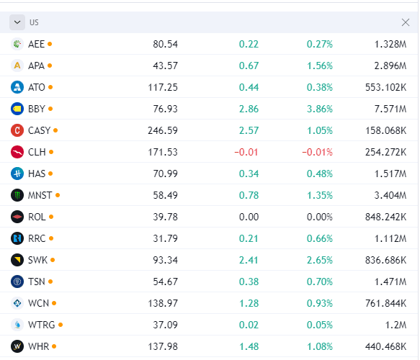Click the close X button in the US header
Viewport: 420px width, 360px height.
click(x=406, y=22)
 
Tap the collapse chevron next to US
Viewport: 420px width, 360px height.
click(x=17, y=22)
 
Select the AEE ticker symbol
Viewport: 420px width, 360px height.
click(x=37, y=44)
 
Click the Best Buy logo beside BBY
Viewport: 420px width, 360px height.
click(x=17, y=109)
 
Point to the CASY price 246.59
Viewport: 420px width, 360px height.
click(x=163, y=130)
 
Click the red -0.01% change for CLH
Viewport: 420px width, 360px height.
click(x=317, y=152)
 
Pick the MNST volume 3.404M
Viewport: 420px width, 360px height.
click(x=390, y=195)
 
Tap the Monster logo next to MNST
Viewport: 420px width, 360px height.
click(x=17, y=195)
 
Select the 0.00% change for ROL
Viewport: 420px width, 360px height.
click(x=320, y=217)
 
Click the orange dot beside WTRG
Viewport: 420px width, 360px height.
click(x=61, y=325)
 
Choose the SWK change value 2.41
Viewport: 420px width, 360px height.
click(x=249, y=260)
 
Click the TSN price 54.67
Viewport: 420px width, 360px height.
click(x=165, y=282)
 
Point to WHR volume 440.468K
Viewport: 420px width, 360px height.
click(x=385, y=346)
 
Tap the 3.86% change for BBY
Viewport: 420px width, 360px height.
click(x=320, y=109)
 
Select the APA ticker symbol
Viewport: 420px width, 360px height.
click(x=37, y=66)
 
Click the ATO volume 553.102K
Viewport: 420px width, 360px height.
click(x=385, y=87)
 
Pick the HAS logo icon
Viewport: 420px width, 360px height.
click(x=17, y=174)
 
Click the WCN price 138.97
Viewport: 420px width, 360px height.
click(x=163, y=303)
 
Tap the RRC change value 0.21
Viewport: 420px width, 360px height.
click(x=249, y=238)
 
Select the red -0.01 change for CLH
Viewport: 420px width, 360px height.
click(x=246, y=152)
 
